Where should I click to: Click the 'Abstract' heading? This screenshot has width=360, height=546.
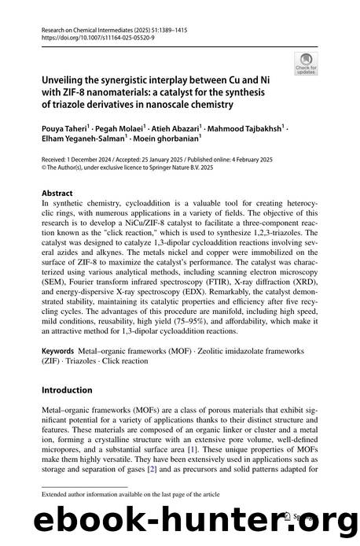tap(57, 191)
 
